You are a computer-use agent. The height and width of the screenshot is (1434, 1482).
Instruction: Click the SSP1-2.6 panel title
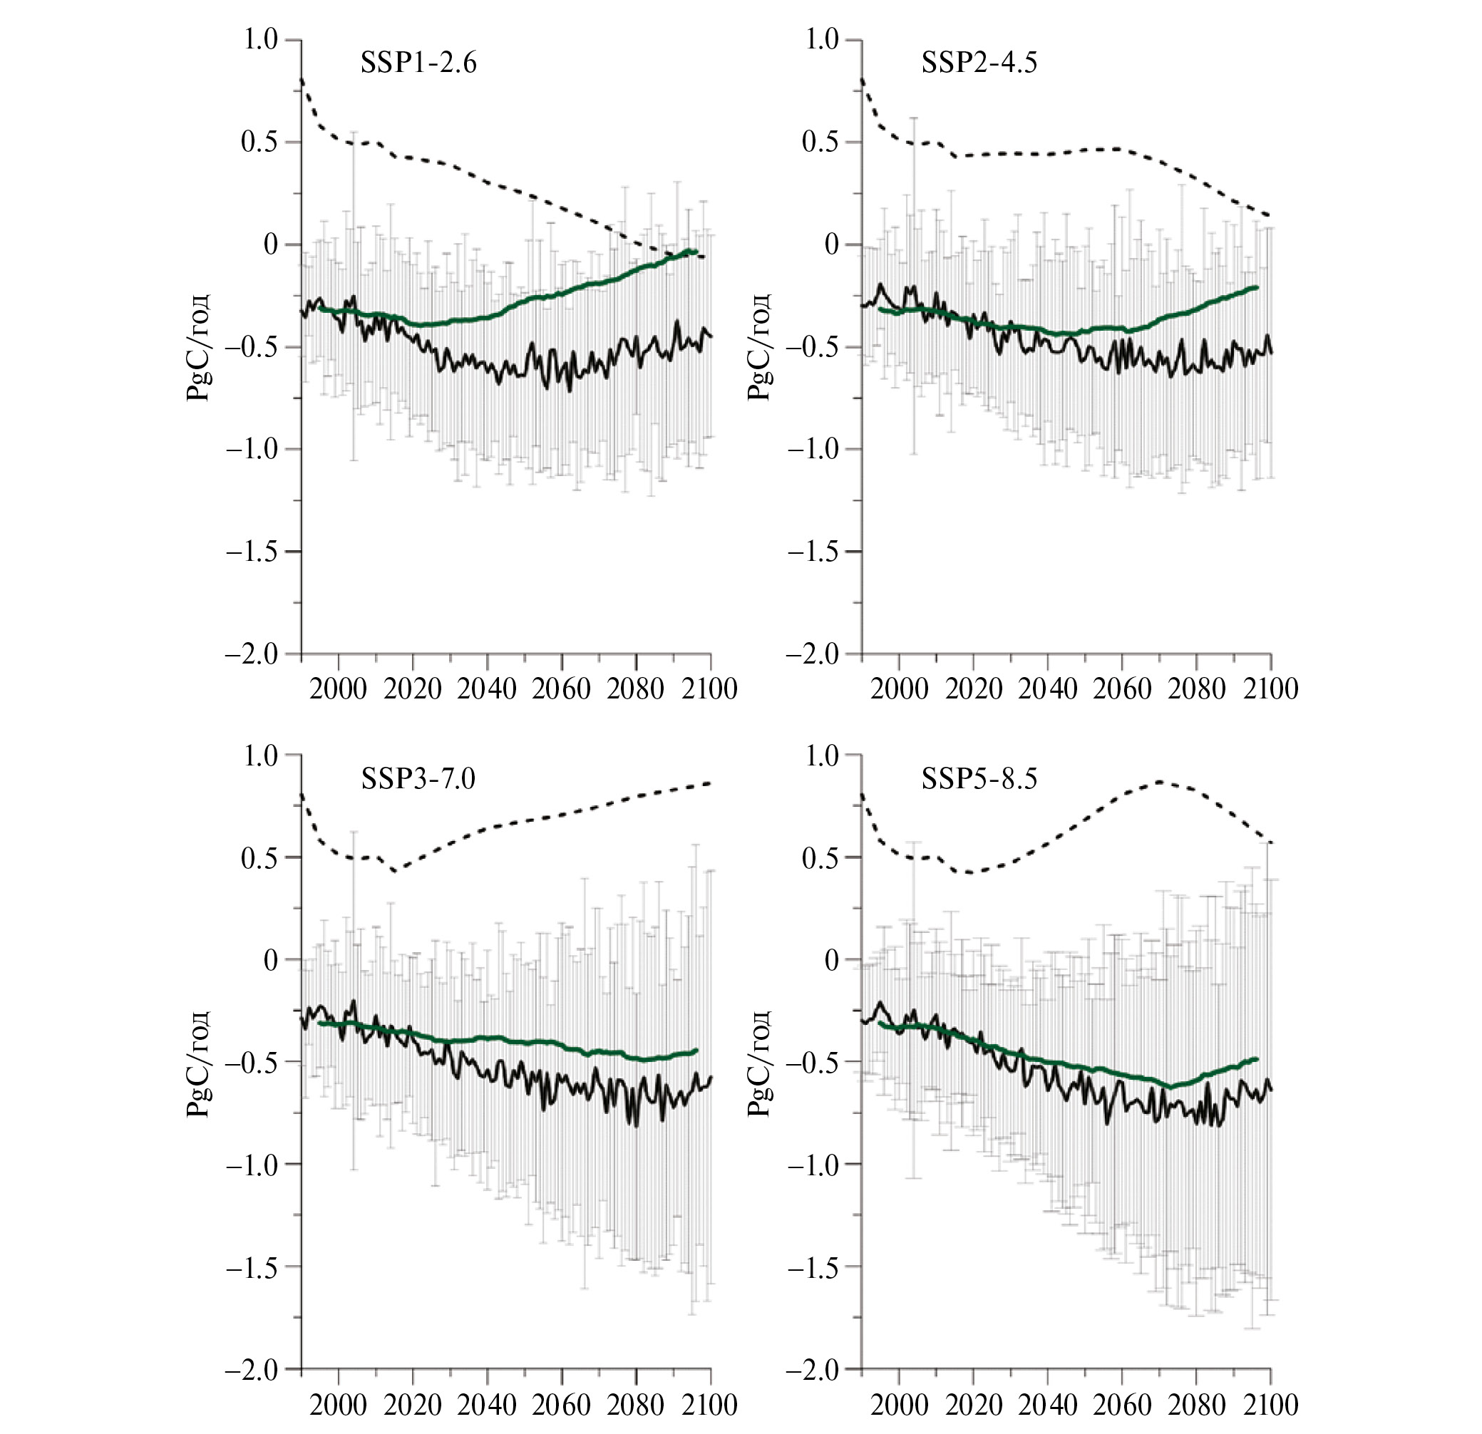418,63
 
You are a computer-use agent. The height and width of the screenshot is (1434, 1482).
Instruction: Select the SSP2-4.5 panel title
979,63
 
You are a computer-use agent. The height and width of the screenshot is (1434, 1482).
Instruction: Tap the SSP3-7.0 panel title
418,778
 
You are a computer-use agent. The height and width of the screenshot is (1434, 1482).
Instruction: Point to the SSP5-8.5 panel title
979,778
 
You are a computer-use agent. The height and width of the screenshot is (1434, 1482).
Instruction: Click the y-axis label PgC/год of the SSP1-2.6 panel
198,347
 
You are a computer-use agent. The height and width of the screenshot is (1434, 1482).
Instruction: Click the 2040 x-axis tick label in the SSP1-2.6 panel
487,688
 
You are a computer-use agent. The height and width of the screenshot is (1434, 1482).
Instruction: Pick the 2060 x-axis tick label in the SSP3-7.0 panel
561,1405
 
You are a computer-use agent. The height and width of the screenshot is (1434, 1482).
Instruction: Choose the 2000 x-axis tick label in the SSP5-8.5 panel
899,1405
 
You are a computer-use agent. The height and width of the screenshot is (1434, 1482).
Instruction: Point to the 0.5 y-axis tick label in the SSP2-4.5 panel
821,142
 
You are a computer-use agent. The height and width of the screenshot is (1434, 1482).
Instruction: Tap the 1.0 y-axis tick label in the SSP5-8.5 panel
821,755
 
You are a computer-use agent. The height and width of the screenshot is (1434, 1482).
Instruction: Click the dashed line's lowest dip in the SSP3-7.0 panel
394,871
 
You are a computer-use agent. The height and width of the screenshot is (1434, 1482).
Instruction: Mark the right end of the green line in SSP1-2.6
694,251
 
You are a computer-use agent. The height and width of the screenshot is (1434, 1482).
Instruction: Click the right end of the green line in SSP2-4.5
1256,287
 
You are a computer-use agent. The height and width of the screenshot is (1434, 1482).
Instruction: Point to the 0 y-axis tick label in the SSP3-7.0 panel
270,960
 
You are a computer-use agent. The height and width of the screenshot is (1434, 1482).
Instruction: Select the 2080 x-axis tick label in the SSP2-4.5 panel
1196,688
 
